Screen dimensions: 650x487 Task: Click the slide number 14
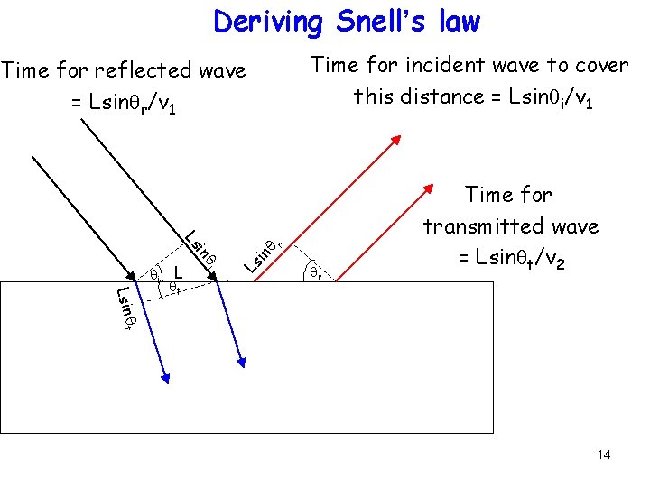(603, 455)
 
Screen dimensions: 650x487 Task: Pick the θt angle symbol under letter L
(174, 287)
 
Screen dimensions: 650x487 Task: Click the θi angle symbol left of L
(154, 271)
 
